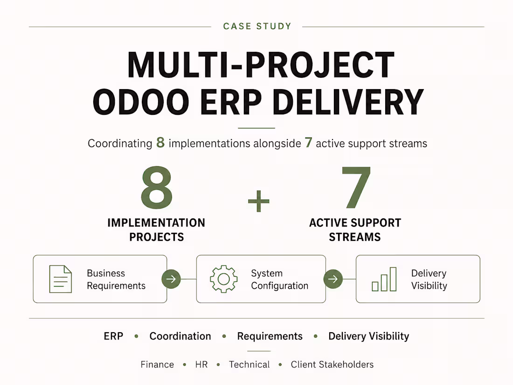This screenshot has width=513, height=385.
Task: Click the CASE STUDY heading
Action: (257, 26)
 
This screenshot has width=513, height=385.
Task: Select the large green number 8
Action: (157, 187)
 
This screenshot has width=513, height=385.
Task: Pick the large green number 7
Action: (356, 187)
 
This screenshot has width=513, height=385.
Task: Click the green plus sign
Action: (258, 201)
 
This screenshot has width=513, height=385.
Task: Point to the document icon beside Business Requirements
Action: (61, 279)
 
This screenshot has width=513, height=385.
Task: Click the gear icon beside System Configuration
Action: (224, 279)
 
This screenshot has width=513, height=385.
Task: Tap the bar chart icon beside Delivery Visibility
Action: (384, 279)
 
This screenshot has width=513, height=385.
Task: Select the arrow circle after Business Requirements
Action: (171, 279)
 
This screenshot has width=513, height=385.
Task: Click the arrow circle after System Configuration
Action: (333, 279)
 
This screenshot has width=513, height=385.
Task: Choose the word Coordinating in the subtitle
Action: (120, 144)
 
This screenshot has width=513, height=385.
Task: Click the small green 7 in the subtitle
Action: (309, 142)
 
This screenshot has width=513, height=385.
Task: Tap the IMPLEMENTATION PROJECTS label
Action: (156, 230)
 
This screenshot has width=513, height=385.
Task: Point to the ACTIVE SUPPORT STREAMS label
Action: (355, 230)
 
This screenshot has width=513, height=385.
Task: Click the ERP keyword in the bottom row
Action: (113, 336)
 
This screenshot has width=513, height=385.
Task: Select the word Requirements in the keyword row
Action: (270, 336)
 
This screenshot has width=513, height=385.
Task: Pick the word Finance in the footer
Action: (157, 364)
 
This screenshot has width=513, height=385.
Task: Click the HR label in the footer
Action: (201, 364)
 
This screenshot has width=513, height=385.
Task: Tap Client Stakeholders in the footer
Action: (332, 364)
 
